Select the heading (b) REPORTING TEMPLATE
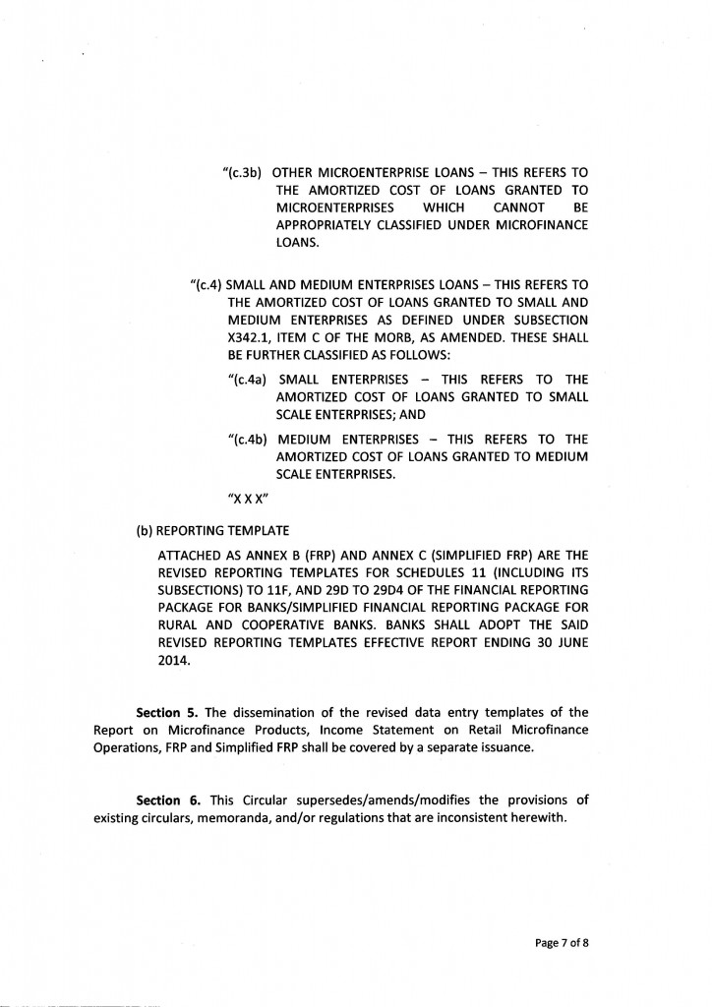point(211,530)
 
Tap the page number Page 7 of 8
point(562,941)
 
